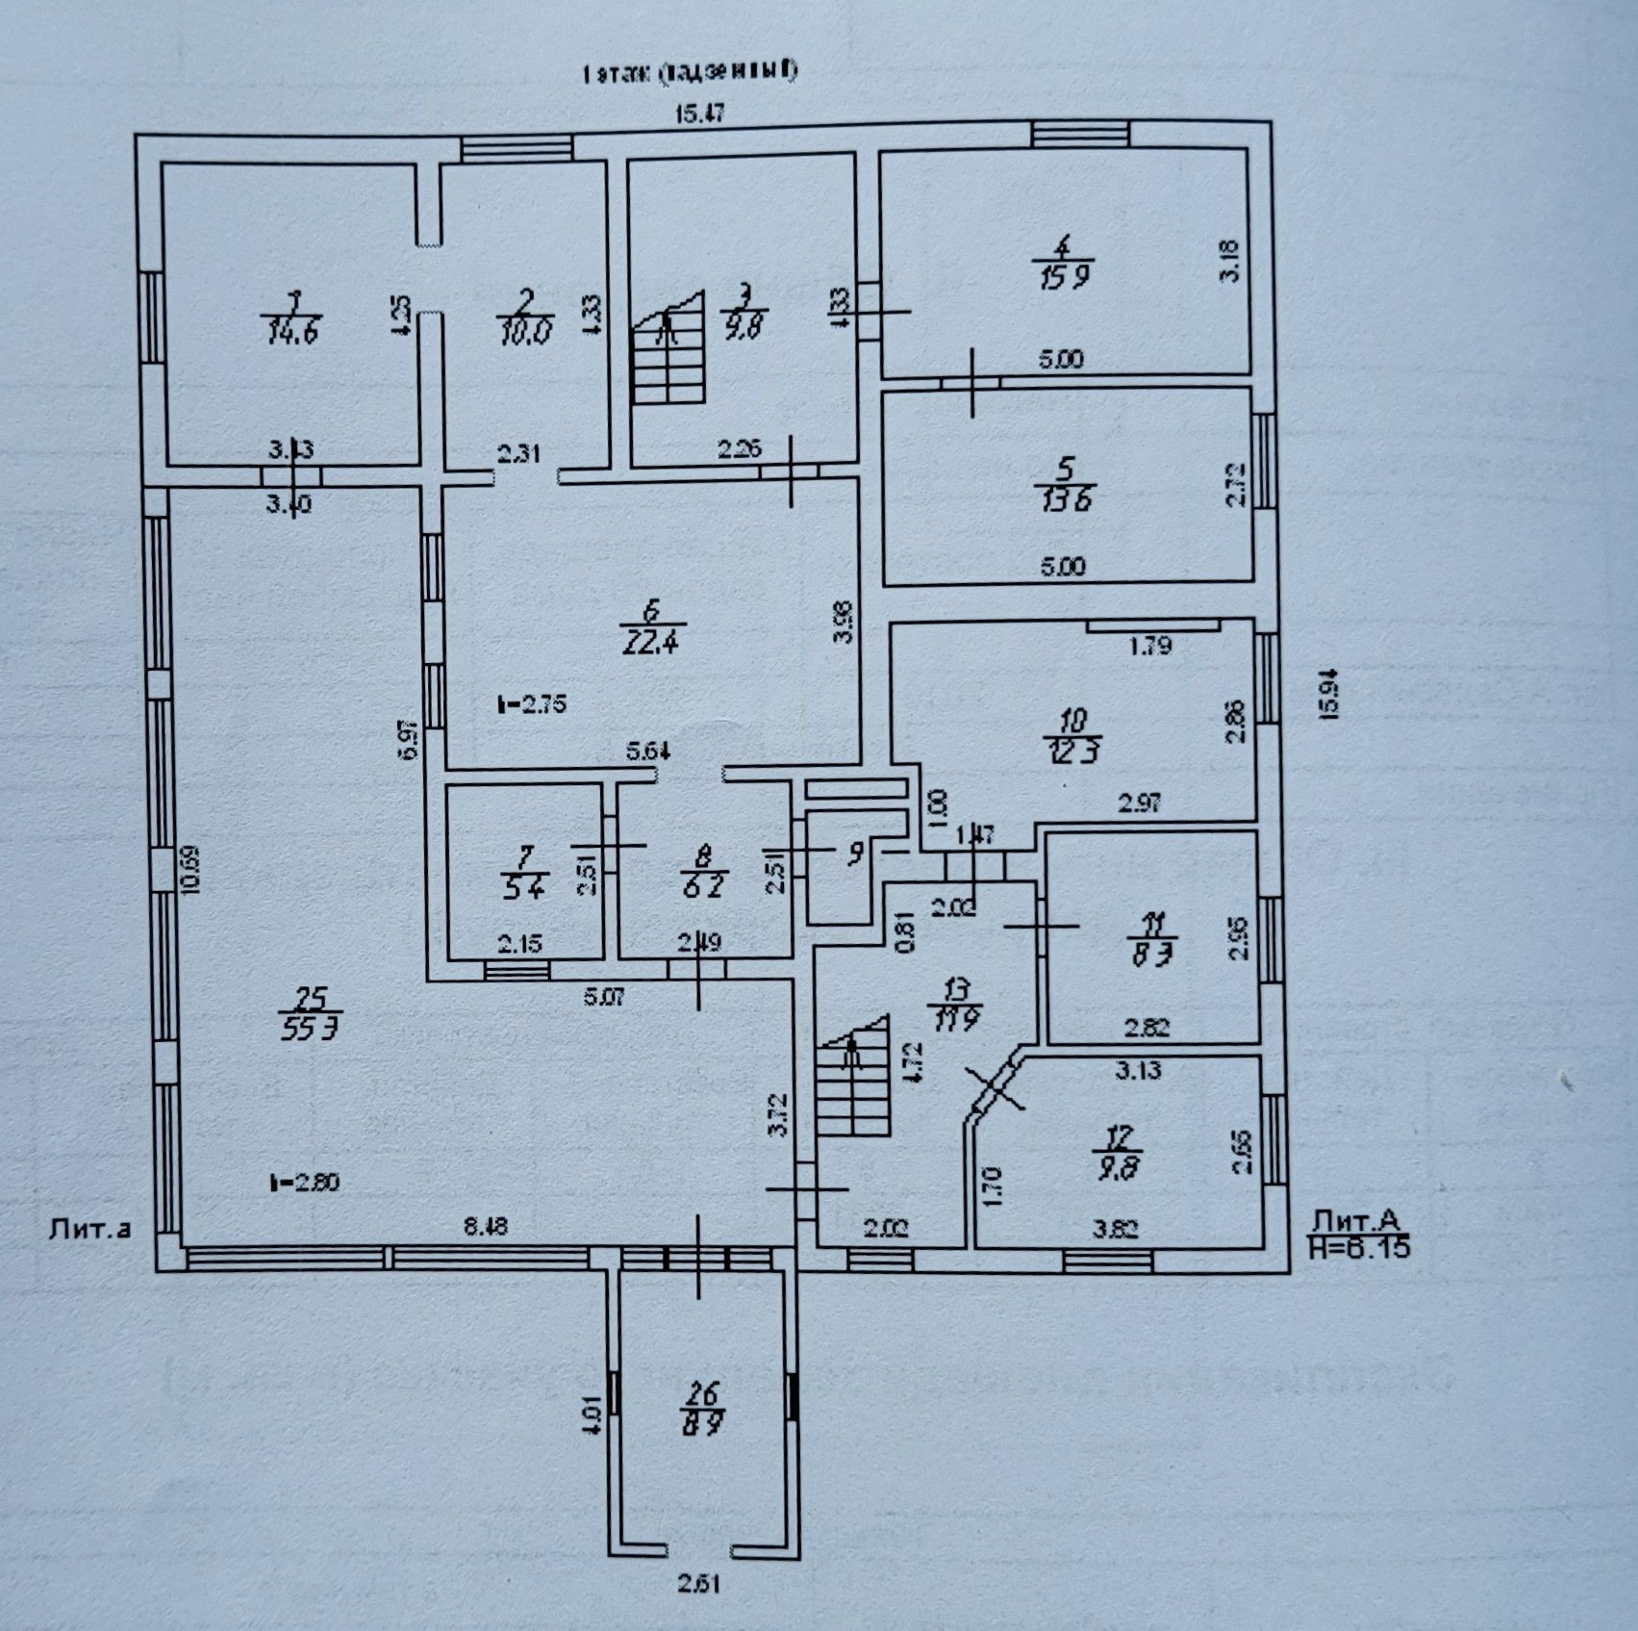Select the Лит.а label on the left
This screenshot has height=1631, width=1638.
(88, 1228)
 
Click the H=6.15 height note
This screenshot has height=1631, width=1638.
(1359, 1248)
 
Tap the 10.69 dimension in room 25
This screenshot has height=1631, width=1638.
(194, 869)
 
